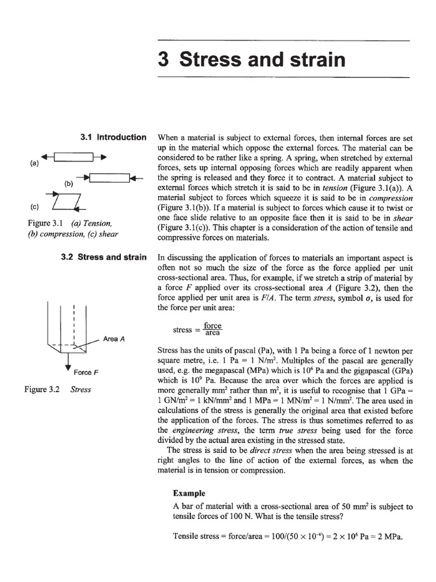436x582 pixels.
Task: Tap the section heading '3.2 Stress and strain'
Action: [103, 257]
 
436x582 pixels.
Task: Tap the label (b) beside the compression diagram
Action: [69, 184]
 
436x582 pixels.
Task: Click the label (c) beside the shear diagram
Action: [33, 207]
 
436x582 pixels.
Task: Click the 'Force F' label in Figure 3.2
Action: [86, 372]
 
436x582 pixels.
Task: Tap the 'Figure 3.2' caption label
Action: [41, 390]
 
